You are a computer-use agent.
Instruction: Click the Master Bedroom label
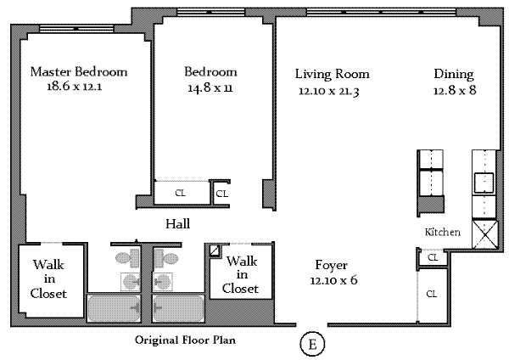79,71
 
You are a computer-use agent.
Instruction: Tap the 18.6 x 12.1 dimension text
75,87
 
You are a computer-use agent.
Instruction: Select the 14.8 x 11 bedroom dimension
210,87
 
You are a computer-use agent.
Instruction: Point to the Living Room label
332,74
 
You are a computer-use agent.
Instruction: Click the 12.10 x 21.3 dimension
329,92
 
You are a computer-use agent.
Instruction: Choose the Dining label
454,75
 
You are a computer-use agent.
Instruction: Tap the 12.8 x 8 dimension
455,90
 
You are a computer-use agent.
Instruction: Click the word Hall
177,224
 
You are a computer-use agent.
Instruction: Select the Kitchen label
443,232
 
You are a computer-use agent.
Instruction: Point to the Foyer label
331,266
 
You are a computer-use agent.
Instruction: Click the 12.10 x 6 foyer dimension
333,280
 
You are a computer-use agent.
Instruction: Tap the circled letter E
312,344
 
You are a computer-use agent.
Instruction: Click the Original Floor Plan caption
185,340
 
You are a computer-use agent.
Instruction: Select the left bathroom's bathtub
114,308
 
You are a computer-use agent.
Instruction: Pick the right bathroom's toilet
165,258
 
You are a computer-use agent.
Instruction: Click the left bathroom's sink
131,282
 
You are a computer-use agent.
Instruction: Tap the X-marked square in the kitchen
484,234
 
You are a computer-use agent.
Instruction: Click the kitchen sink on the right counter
484,183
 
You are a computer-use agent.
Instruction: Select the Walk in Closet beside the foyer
241,275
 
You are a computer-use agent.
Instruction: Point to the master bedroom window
76,29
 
